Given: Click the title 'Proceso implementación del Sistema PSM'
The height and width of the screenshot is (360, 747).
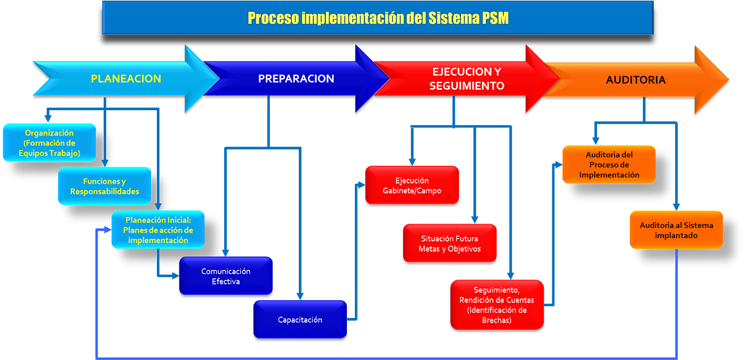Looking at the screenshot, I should coord(378,18).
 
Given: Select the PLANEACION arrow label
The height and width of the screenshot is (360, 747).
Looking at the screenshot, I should coord(126,78).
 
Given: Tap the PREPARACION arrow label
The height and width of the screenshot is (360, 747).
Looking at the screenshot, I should coord(296,78).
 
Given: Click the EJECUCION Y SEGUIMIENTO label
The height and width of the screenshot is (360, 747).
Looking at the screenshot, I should coord(466,78).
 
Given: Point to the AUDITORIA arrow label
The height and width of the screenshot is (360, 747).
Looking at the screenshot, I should coord(635,80).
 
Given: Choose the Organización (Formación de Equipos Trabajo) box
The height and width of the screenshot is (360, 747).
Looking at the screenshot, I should coord(49,143).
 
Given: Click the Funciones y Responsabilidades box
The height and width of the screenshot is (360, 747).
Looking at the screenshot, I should coord(105,186).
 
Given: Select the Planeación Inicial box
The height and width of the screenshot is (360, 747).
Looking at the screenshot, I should coord(158,230).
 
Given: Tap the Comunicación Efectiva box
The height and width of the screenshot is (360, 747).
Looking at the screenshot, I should coord(226,276).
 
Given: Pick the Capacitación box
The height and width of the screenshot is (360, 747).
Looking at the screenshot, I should coord(300,320).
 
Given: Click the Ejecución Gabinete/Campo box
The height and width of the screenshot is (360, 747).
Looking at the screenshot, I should coord(412,185).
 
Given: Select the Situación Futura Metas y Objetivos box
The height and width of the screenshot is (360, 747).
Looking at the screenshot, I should coord(450,243).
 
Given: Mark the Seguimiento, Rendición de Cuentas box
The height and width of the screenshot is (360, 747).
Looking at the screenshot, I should coord(497,305).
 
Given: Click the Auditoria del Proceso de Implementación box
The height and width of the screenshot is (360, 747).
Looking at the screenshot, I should coord(609,165).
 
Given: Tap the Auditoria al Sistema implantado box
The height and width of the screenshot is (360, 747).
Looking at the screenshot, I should coord(676,230).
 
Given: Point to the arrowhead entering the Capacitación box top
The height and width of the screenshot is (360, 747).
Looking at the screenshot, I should coord(300,296).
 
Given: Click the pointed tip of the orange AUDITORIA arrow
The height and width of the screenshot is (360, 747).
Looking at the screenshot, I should coord(727,79).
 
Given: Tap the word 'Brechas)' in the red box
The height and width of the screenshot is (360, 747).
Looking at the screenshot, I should coord(497,320).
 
